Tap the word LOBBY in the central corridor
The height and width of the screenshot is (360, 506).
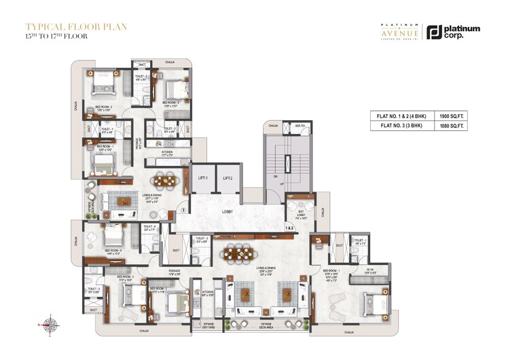pos(228,212)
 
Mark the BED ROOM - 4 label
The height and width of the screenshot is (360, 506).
pos(113,251)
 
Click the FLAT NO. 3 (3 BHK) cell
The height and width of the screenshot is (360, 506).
pos(399,126)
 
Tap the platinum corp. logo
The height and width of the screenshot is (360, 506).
pos(453,31)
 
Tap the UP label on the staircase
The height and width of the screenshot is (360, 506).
pos(276,184)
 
